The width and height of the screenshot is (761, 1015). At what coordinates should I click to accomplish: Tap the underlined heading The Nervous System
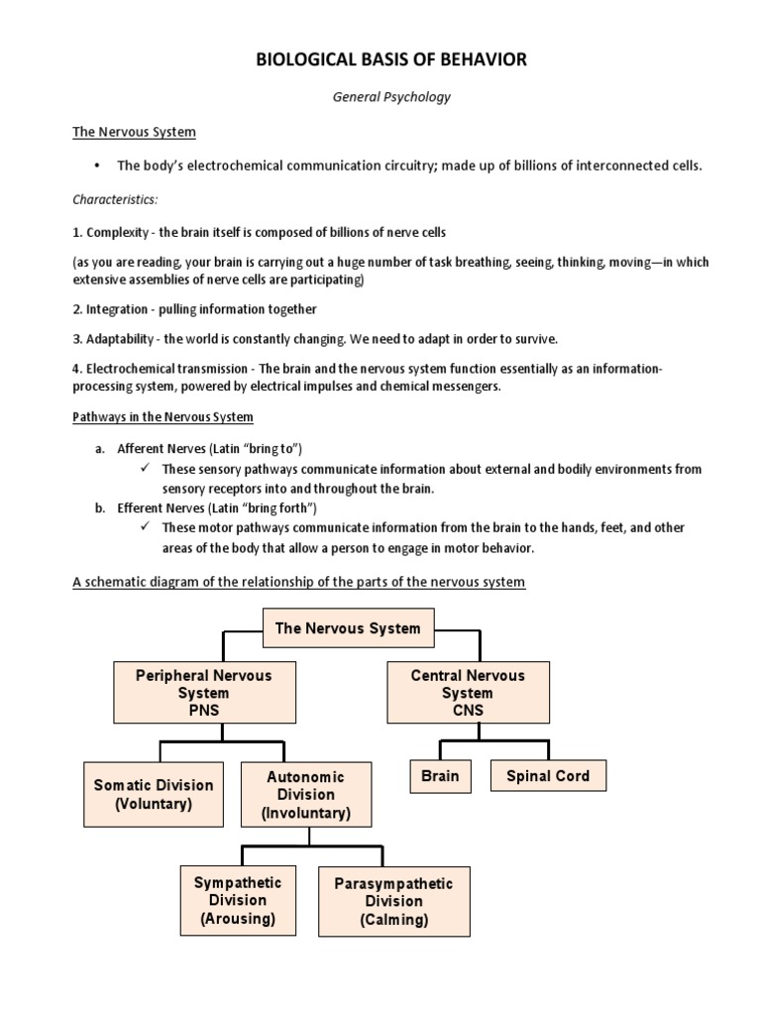point(134,132)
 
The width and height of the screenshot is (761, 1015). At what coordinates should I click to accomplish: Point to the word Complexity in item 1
point(119,233)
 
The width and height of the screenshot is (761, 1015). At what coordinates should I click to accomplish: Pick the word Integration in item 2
point(120,309)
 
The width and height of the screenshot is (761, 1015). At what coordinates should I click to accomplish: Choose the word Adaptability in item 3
point(123,339)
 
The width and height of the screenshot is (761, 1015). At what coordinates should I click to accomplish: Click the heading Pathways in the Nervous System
point(163,416)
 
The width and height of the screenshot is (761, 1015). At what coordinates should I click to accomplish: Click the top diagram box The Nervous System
point(347,628)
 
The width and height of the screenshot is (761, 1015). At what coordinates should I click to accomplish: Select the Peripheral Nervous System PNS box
point(203,693)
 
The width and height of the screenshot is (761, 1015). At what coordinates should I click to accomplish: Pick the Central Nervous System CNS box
point(468,693)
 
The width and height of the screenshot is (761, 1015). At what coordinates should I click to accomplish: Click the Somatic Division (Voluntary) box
point(154,795)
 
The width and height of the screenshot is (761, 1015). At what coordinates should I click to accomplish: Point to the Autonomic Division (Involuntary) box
point(306,795)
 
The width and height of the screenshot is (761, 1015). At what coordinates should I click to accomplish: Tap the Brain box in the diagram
point(440,776)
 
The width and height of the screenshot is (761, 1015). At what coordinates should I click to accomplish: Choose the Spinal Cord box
point(548,776)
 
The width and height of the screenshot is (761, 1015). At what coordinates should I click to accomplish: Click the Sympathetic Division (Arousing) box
point(237,900)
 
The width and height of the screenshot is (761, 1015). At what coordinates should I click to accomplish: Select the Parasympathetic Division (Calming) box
point(393,901)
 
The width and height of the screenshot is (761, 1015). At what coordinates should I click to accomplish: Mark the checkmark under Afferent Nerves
point(146,469)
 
